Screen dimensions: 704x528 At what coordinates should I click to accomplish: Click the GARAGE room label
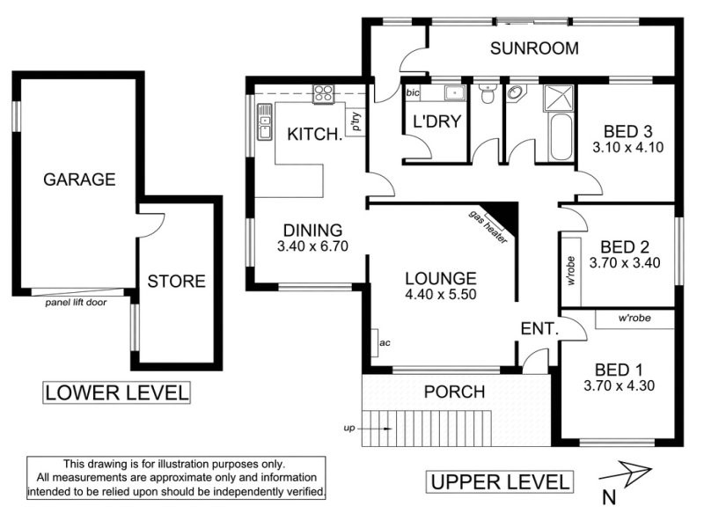tap(79, 180)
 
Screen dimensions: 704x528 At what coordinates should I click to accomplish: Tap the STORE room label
tap(177, 282)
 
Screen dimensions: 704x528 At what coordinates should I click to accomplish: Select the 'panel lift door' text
tap(76, 303)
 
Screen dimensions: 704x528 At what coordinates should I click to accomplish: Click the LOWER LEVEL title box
tap(116, 392)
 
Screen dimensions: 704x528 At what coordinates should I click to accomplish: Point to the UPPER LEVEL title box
tap(500, 482)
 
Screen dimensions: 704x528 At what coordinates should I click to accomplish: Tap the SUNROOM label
tap(534, 48)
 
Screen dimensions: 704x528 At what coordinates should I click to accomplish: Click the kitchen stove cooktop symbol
tap(324, 94)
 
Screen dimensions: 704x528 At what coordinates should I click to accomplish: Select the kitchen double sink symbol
tap(265, 121)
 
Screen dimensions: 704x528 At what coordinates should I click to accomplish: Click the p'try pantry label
tap(356, 121)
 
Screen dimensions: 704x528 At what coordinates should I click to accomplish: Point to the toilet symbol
tap(487, 93)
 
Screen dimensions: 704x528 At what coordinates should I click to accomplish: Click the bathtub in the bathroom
tap(561, 137)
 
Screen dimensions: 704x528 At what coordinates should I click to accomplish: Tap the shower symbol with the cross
tap(559, 98)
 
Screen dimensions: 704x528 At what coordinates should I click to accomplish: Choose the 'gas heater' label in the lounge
tap(488, 227)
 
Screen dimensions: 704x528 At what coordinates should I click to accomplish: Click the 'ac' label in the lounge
tap(385, 343)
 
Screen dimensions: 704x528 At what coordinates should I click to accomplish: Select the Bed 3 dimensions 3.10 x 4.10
tap(627, 147)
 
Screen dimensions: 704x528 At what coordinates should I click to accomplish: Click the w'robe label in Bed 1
tap(634, 319)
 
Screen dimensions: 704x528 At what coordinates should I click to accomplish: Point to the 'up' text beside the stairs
tap(349, 429)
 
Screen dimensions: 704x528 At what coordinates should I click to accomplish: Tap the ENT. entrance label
tap(539, 328)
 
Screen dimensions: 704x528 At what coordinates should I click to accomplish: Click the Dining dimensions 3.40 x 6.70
tap(312, 246)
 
